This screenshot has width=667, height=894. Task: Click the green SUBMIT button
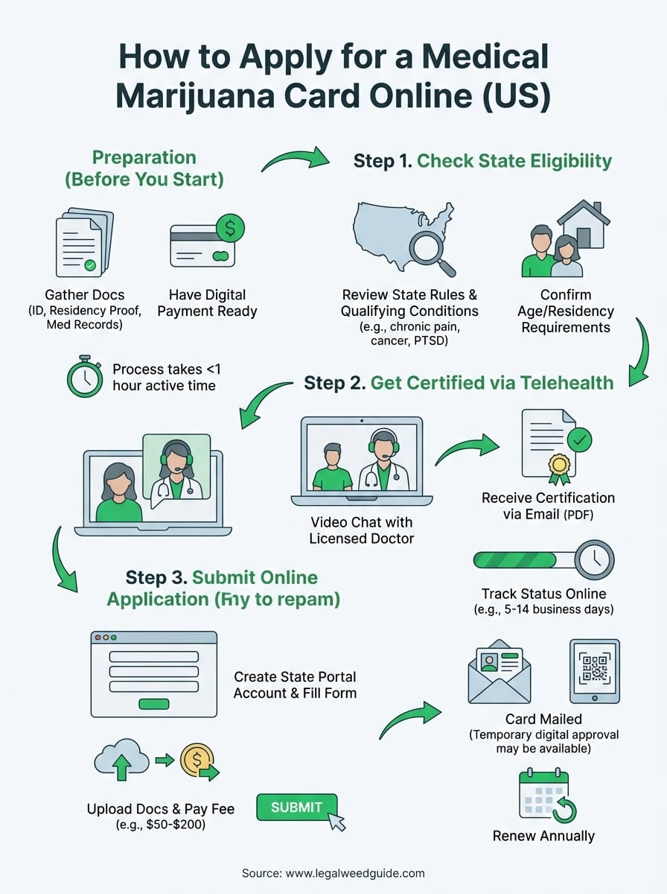click(x=296, y=808)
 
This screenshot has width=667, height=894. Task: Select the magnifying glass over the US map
click(x=430, y=250)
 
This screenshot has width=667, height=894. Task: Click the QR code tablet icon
click(x=594, y=670)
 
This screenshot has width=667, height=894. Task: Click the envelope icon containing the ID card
click(x=498, y=673)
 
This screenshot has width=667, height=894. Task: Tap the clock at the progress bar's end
click(x=594, y=559)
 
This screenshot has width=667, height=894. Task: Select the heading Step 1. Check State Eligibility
click(x=482, y=161)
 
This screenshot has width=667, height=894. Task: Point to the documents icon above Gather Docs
click(x=84, y=244)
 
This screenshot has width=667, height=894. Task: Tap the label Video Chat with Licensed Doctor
click(x=361, y=530)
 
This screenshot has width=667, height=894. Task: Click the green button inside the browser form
click(x=153, y=703)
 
